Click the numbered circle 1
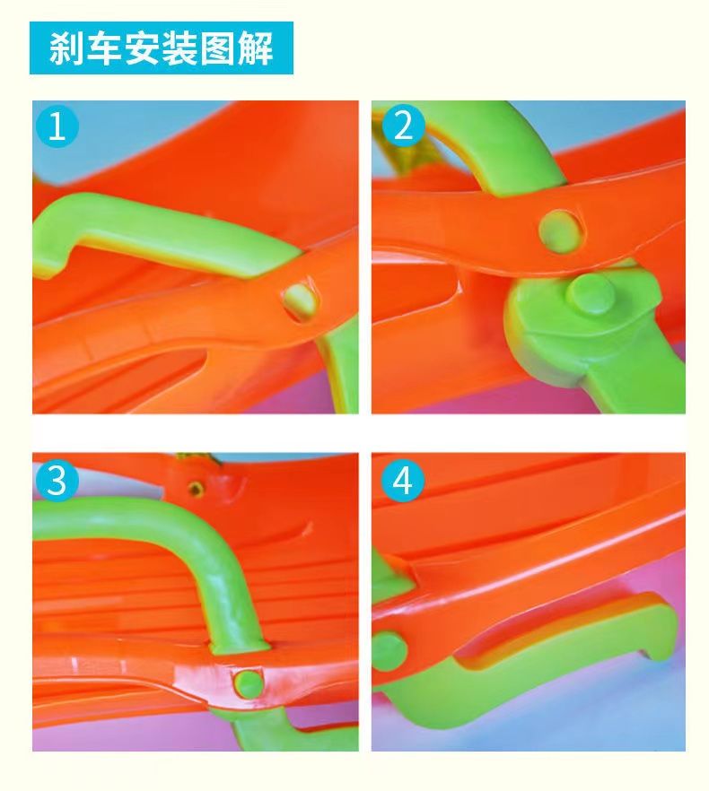pyautogui.click(x=57, y=126)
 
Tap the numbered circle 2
pyautogui.click(x=403, y=126)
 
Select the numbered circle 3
pyautogui.click(x=57, y=481)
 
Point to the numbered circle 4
pyautogui.click(x=402, y=481)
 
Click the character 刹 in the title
pyautogui.click(x=66, y=48)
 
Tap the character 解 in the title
pyautogui.click(x=256, y=48)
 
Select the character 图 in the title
pyautogui.click(x=218, y=48)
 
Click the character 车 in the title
pyautogui.click(x=104, y=48)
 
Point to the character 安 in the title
pyautogui.click(x=142, y=48)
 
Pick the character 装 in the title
pyautogui.click(x=179, y=48)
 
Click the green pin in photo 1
pyautogui.click(x=301, y=301)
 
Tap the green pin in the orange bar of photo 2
pyautogui.click(x=559, y=229)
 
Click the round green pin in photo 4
pyautogui.click(x=390, y=651)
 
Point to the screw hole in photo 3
pyautogui.click(x=195, y=487)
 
